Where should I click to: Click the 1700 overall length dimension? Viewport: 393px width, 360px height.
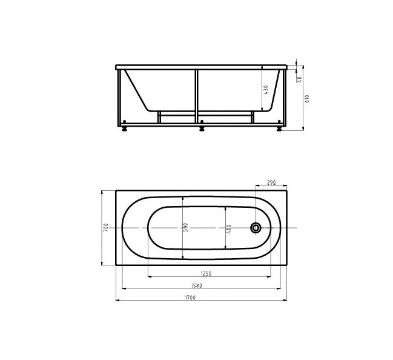pos(190,298)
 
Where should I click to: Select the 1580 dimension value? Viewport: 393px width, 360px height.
pos(196,285)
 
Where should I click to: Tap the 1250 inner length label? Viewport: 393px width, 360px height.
pos(206,273)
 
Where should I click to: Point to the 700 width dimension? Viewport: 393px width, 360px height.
pos(106,227)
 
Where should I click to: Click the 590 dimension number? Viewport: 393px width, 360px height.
pos(186,227)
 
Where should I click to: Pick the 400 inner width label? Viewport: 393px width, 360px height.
pos(228,228)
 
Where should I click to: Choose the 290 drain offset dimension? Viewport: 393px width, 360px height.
pos(271,182)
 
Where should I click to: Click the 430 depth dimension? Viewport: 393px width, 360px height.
pos(266,90)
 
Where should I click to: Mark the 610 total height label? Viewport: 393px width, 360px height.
pos(308,98)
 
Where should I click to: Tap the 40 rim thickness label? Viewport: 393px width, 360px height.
pos(300,79)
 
